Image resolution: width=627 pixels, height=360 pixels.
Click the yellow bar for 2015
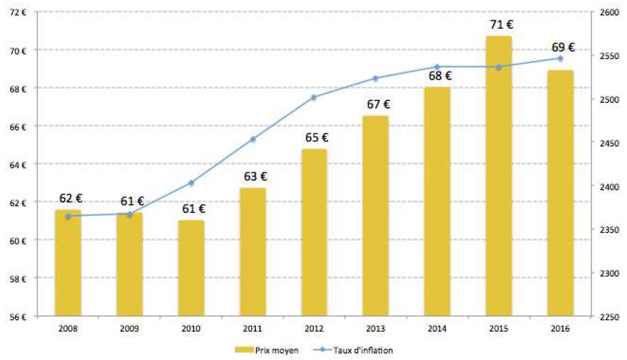tap(498, 176)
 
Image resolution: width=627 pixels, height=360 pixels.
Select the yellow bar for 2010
tap(191, 268)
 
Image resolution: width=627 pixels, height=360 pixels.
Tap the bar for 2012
tap(314, 233)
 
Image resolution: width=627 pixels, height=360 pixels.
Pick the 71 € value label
tap(502, 25)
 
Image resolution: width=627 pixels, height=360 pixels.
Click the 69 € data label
tap(563, 47)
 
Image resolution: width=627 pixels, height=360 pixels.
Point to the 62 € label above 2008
tap(71, 198)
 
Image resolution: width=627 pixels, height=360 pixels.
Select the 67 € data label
tap(378, 104)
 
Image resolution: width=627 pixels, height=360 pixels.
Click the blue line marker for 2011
tap(253, 139)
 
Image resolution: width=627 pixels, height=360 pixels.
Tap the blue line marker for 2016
tap(560, 59)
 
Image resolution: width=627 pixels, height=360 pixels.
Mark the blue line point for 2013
tap(376, 78)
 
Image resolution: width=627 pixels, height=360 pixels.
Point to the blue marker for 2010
tap(191, 183)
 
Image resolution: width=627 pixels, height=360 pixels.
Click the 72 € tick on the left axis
tap(18, 12)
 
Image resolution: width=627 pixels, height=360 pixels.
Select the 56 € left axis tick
tap(18, 317)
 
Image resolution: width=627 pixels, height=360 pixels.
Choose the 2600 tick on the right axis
tap(609, 12)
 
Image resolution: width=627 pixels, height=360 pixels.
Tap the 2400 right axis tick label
tap(609, 187)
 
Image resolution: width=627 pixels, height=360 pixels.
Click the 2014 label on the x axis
tap(437, 329)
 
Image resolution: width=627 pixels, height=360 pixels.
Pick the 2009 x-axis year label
tap(129, 329)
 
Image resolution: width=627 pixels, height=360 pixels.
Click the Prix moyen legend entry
tap(267, 350)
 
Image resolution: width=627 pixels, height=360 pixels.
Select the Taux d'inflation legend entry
tap(353, 350)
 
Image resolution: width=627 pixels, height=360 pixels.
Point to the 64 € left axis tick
tap(18, 165)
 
